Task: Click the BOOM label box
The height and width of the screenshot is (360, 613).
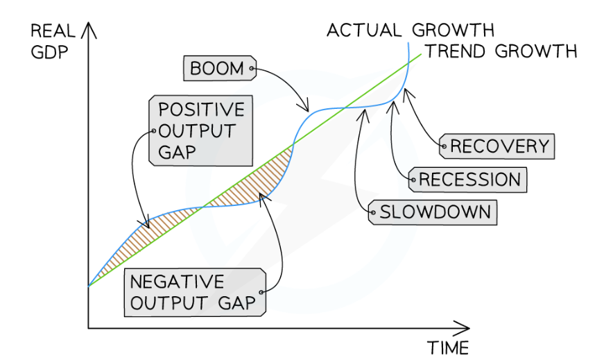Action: [219, 69]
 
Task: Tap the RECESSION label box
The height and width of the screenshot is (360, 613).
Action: [469, 180]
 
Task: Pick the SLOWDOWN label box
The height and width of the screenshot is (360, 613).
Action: [433, 212]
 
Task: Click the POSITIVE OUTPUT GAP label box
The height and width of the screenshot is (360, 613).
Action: [200, 131]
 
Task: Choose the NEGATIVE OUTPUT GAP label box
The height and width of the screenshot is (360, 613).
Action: [196, 292]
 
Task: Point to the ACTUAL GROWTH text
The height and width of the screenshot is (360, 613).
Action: [410, 31]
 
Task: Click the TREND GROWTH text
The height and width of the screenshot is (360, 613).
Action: [500, 51]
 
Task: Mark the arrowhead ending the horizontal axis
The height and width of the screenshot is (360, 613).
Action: [466, 326]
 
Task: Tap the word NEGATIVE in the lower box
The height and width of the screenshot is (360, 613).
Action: [177, 282]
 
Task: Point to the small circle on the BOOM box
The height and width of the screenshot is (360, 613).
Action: [252, 69]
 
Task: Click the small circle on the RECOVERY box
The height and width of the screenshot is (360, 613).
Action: [443, 146]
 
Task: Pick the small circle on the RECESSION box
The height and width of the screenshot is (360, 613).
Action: [413, 180]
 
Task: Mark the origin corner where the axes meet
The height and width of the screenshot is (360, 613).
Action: [89, 326]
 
